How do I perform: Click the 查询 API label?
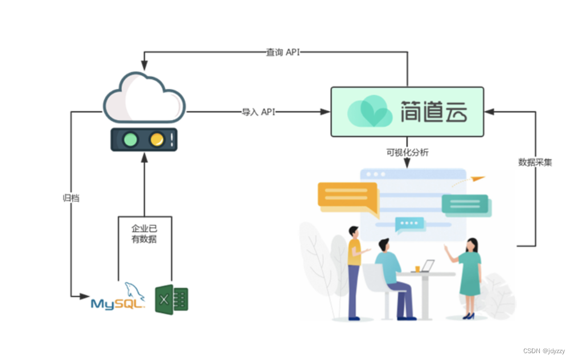(x=282, y=52)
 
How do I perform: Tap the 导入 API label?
(x=259, y=112)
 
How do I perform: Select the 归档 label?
(x=71, y=198)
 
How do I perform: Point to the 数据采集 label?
(x=535, y=162)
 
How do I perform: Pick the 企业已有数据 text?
(x=144, y=234)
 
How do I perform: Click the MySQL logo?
(x=118, y=298)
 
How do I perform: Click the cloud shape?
(x=144, y=98)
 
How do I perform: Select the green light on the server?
(x=131, y=139)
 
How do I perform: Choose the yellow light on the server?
(x=157, y=139)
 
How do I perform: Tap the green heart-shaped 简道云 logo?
(x=370, y=112)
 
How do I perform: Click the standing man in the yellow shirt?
(x=354, y=268)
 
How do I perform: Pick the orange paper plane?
(x=477, y=179)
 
